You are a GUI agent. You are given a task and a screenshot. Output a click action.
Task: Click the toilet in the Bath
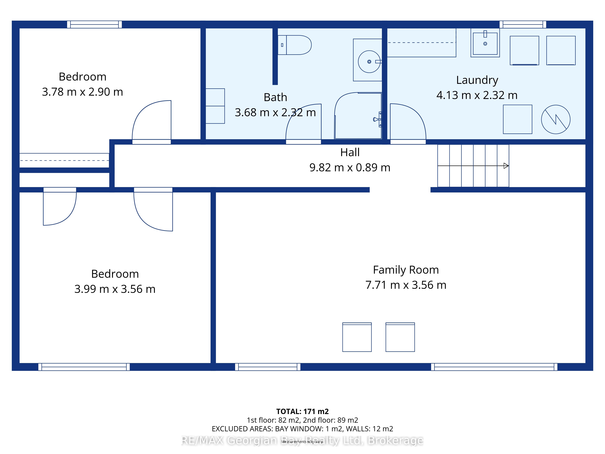[295, 45]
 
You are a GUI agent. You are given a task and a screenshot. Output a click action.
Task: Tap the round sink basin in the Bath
[369, 62]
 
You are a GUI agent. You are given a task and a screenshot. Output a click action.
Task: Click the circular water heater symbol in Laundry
[556, 119]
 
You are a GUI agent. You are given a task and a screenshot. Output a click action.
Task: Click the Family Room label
[406, 270]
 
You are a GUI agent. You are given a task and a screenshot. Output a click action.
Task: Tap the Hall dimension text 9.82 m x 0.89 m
[350, 168]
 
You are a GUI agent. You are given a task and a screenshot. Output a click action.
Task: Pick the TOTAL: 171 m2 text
[302, 412]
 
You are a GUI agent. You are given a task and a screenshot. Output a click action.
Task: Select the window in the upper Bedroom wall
[95, 24]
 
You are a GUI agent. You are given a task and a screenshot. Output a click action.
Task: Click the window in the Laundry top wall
[523, 24]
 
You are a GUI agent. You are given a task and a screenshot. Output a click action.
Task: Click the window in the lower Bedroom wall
[84, 367]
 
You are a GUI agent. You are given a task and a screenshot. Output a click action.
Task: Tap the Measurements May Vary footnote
[302, 442]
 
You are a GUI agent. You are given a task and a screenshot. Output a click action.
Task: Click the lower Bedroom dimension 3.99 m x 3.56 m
[115, 289]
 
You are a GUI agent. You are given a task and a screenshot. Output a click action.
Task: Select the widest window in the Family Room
[494, 367]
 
